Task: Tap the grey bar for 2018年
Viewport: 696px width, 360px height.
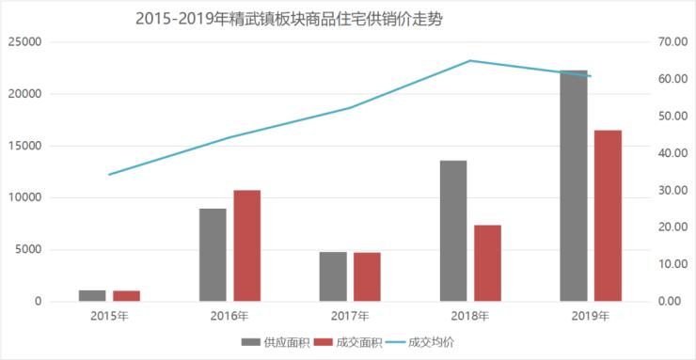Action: pyautogui.click(x=453, y=231)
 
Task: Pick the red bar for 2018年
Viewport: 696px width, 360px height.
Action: pyautogui.click(x=487, y=263)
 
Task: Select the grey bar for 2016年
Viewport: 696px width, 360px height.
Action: pyautogui.click(x=213, y=255)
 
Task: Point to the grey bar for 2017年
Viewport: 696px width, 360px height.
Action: pyautogui.click(x=333, y=276)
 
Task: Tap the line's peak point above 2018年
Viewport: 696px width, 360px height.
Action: pyautogui.click(x=469, y=61)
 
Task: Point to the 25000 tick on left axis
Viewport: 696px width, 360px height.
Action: pyautogui.click(x=25, y=42)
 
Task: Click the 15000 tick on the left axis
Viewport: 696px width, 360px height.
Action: pyautogui.click(x=25, y=146)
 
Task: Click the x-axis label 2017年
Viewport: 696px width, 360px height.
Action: pyautogui.click(x=350, y=317)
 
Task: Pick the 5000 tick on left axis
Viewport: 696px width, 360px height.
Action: pyautogui.click(x=29, y=250)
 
